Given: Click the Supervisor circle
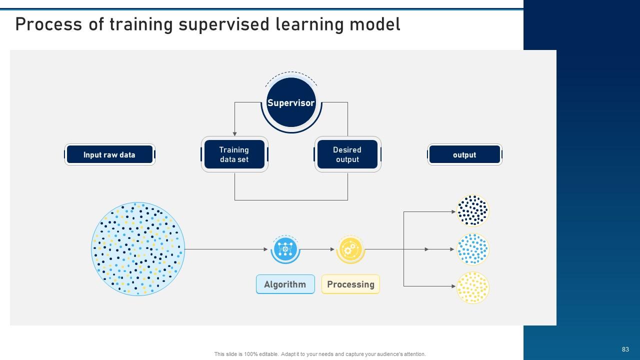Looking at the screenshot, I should pos(291,102).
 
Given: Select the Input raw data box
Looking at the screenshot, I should pos(109,154).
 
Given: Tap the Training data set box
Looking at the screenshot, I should pos(234,154).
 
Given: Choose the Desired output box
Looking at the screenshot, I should pos(347,154).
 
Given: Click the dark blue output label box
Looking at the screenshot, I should pos(464,154).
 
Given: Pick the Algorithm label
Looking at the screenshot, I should pos(285,284).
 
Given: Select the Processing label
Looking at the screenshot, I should pos(350,284).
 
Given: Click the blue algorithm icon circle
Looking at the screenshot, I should pos(285,249).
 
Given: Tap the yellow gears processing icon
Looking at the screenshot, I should pos(350,249).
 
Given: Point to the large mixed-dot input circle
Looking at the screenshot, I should pos(138,248).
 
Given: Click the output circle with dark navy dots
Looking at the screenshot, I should pos(472,210).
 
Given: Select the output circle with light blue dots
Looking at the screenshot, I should pos(472,249).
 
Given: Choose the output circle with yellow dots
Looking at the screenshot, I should pos(472,287).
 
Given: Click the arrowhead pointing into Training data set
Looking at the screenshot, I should pos(235,133).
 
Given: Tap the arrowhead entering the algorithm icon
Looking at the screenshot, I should pos(266,249).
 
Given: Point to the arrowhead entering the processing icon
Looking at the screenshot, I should pos(332,249).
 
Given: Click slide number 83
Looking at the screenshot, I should pos(625,349).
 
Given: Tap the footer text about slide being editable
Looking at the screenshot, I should pos(320,354).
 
